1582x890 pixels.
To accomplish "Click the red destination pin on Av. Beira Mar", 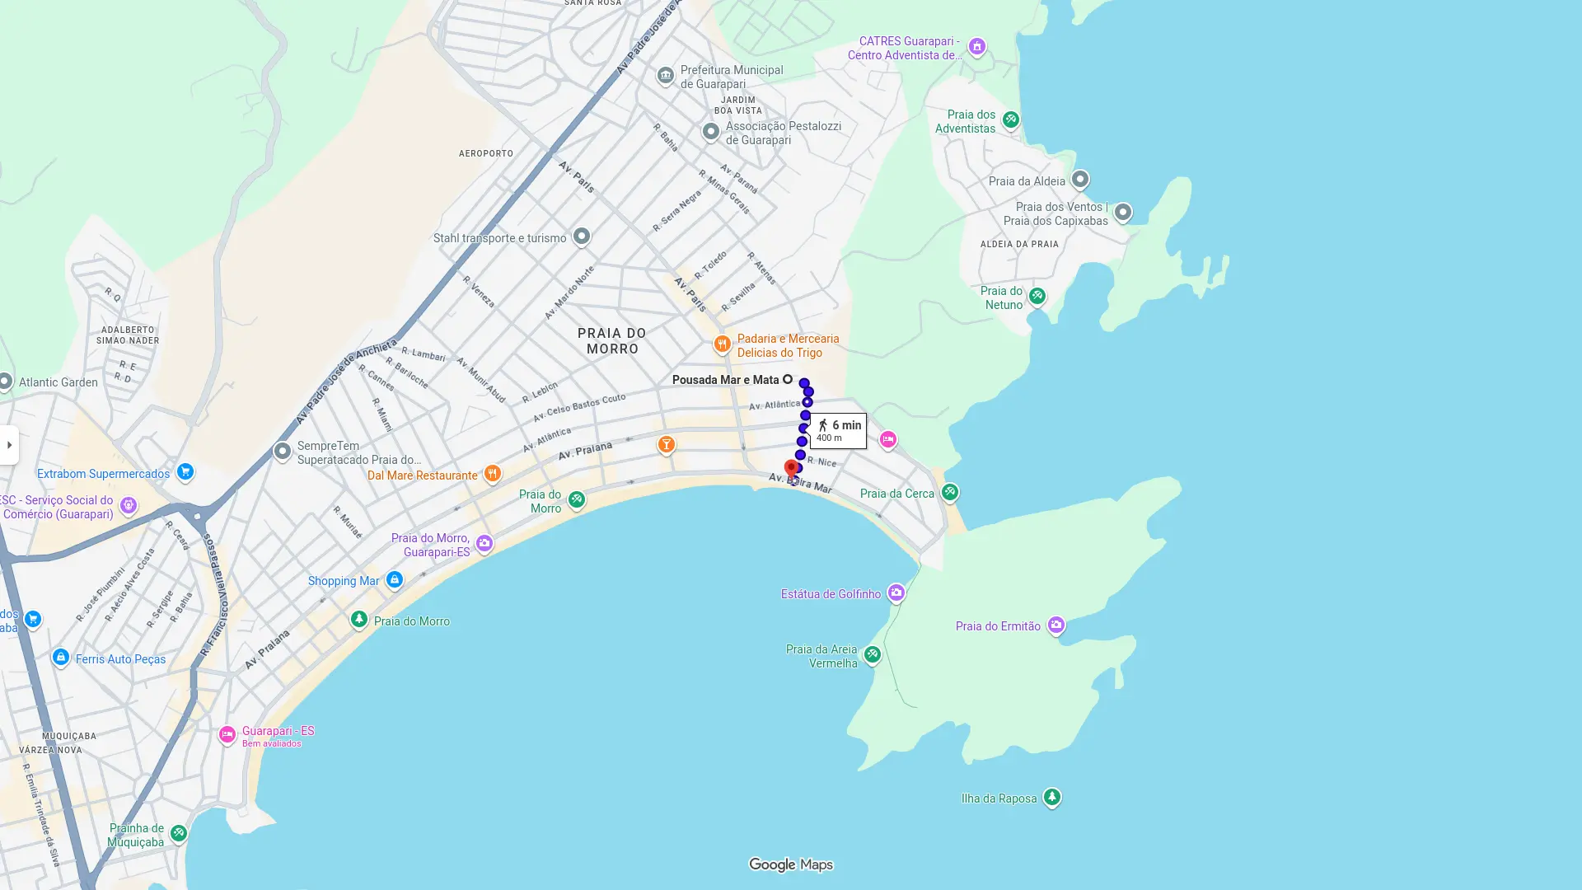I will pos(791,469).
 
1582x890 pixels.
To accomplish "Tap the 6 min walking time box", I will pos(838,430).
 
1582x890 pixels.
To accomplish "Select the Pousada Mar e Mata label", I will pos(725,380).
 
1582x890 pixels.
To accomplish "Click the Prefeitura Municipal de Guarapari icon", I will pos(665,76).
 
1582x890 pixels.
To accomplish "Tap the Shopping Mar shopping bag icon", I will pos(394,580).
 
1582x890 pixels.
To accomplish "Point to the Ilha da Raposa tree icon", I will pos(1051,797).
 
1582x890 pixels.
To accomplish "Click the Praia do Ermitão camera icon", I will pos(1055,625).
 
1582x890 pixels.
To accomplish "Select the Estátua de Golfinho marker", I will pos(896,593).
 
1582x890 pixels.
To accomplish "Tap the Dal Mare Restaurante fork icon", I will pos(492,474).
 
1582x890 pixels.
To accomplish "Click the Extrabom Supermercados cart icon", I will pos(185,472).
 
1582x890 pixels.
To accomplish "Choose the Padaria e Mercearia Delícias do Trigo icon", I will pos(722,344).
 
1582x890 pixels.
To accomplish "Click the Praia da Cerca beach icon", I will pos(949,492).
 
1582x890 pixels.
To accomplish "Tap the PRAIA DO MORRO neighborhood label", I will pos(611,340).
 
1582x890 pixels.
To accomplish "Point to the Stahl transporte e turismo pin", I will pos(581,237).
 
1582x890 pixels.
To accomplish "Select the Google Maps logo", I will pos(790,864).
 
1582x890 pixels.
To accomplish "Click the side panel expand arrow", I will pos(9,445).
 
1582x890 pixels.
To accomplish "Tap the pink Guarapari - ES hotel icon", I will pos(227,734).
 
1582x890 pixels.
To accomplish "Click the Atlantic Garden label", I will pos(58,382).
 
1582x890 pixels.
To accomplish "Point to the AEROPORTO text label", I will pos(485,153).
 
